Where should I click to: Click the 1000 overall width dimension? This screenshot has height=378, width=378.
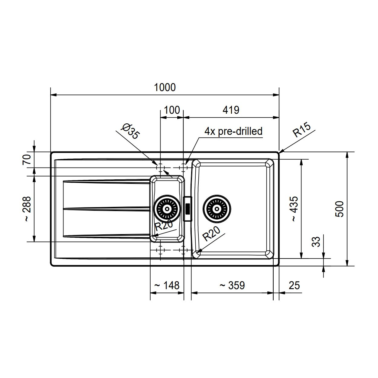165,87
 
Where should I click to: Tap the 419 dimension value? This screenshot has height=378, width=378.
231,110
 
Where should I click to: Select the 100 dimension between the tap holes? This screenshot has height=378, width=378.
172,110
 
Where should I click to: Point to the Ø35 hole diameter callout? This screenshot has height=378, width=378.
130,131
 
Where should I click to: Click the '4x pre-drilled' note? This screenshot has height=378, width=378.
233,131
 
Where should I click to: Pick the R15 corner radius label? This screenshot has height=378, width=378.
302,130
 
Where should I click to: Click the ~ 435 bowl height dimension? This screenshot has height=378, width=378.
295,209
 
